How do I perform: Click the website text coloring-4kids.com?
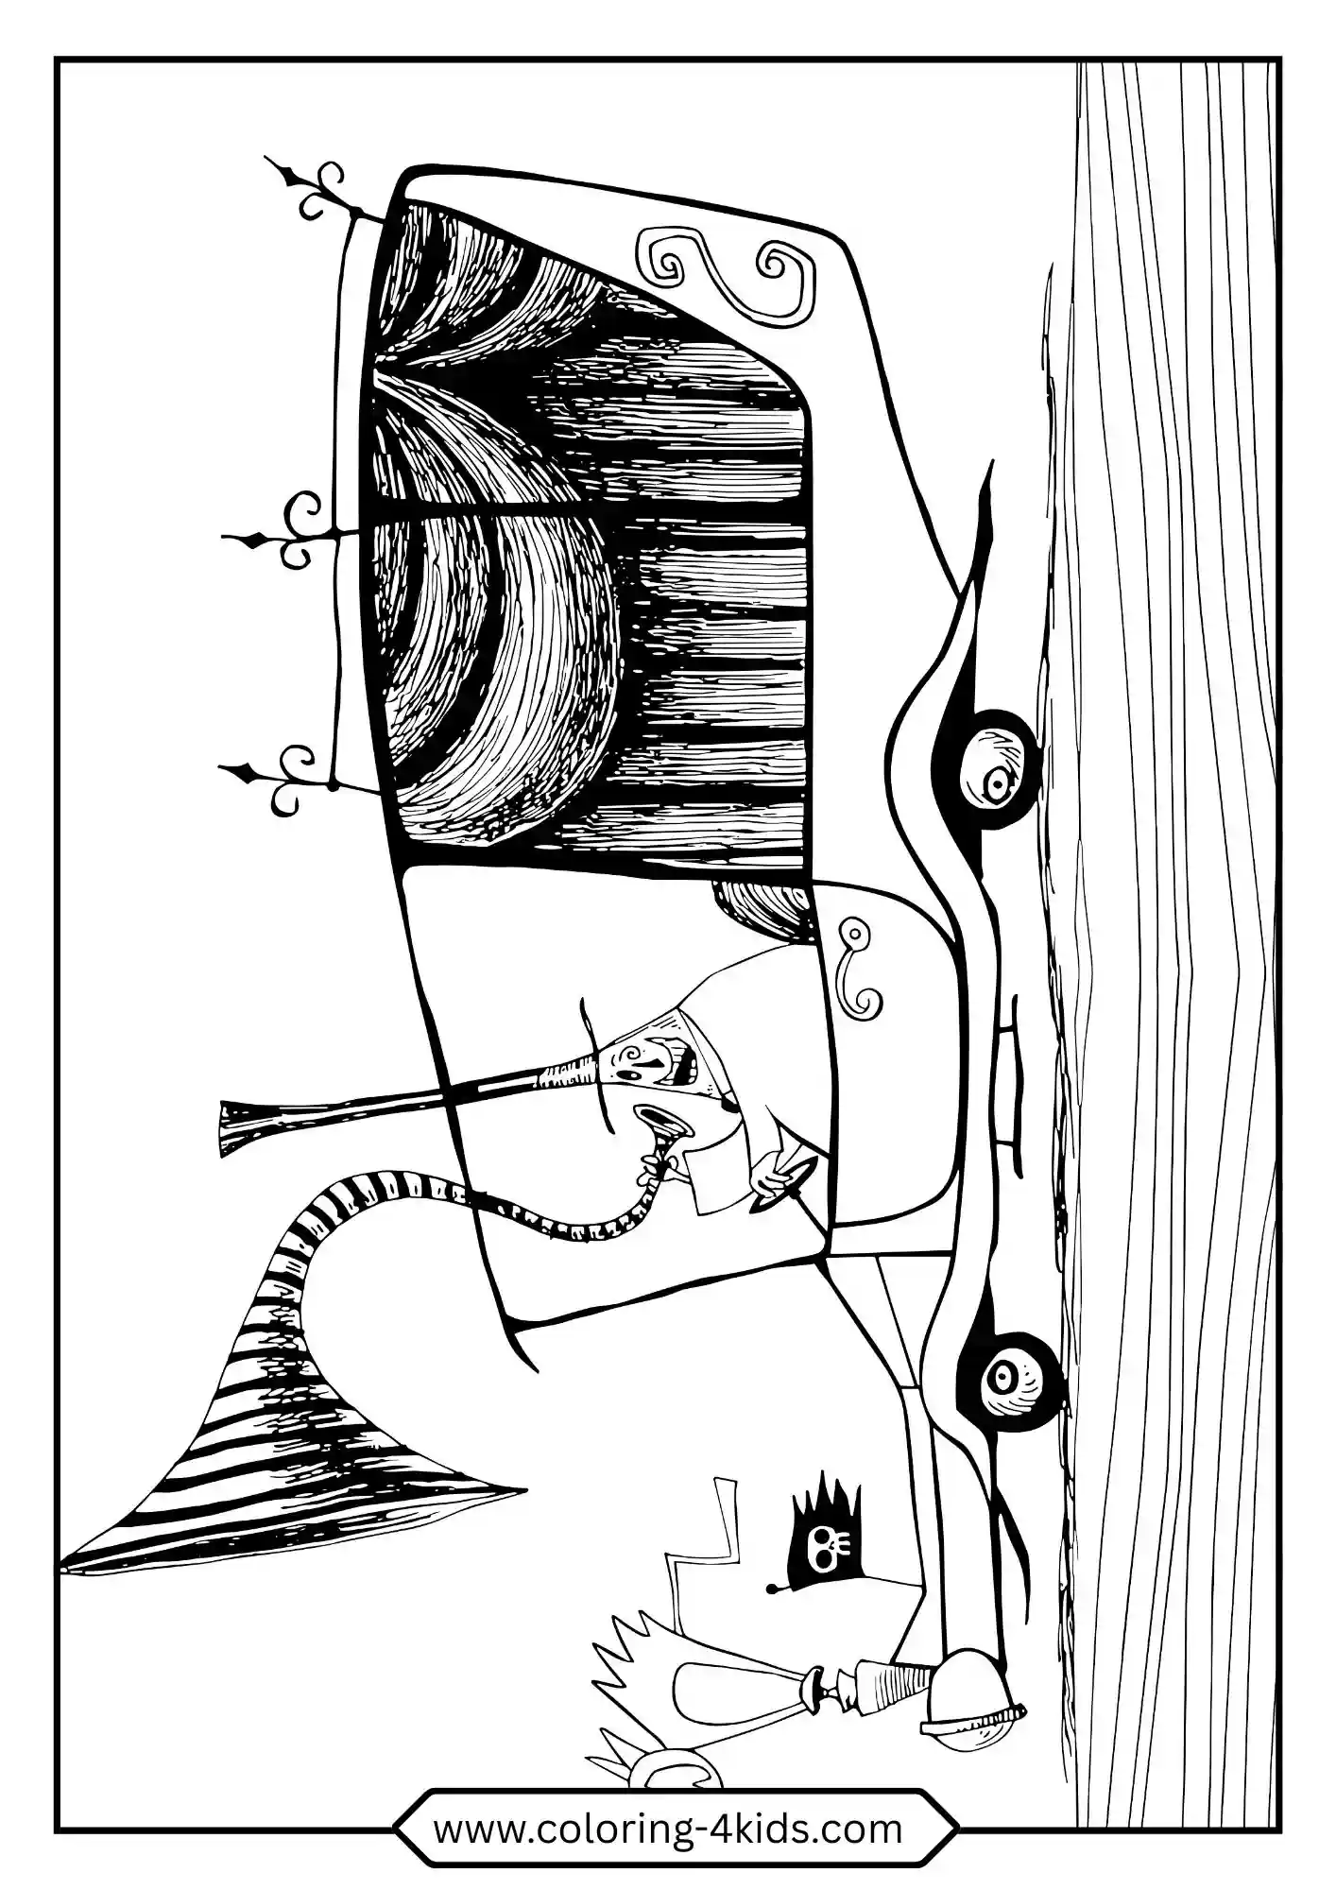(x=667, y=1830)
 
